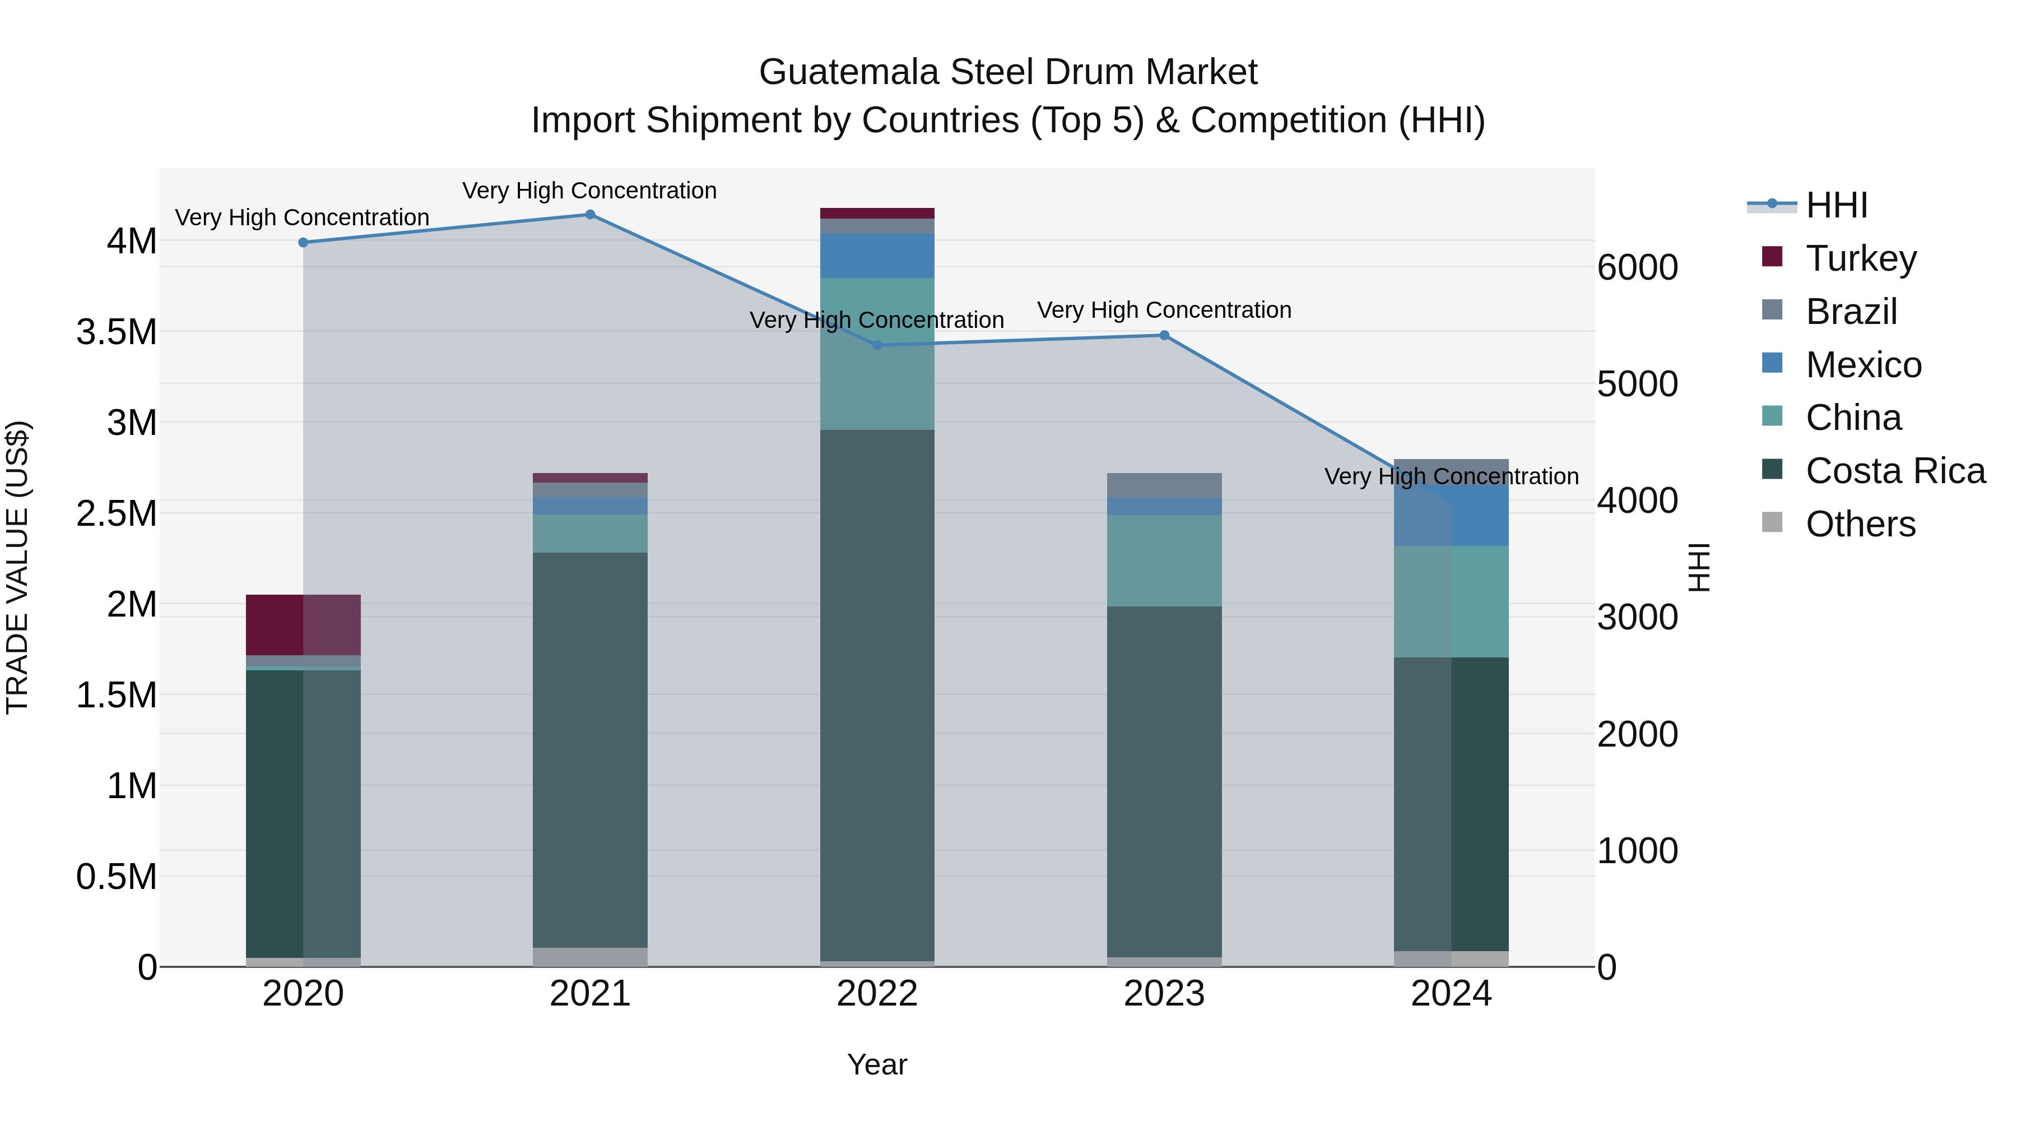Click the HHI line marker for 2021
coord(591,215)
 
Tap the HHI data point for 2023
coord(1164,335)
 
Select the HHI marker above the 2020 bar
coord(303,243)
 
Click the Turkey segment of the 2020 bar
coord(303,624)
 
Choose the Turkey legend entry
coord(1861,258)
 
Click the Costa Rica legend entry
coord(1895,471)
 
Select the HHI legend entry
coord(1836,205)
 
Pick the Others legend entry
coord(1860,524)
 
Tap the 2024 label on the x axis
coord(1451,994)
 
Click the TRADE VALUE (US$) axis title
coord(17,567)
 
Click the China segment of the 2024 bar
coord(1451,601)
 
